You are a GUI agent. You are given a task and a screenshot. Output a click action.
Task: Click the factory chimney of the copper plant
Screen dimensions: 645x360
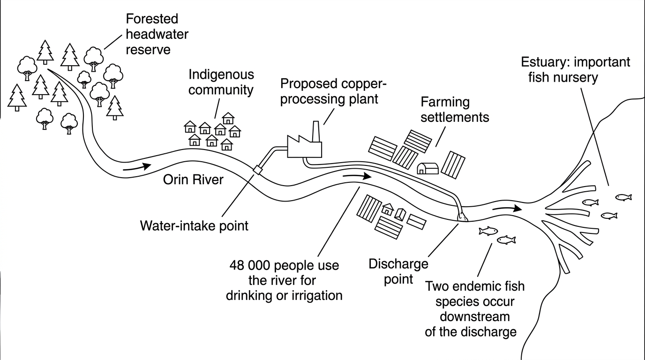315,131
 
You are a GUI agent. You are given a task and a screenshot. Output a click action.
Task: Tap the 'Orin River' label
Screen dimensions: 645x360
193,180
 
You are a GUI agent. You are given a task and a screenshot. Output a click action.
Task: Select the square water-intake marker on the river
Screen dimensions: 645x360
257,170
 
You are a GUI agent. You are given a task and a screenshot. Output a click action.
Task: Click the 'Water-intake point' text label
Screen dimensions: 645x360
194,226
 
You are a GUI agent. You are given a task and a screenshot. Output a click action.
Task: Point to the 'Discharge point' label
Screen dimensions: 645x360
398,271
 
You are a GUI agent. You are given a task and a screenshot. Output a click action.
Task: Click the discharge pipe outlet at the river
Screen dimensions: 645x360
463,217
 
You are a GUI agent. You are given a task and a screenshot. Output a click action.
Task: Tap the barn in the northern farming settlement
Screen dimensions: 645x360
427,168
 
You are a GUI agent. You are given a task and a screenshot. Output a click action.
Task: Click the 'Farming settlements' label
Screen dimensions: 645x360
455,110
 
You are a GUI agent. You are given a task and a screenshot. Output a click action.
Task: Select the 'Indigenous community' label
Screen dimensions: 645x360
221,82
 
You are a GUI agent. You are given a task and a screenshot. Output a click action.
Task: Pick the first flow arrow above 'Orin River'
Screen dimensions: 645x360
137,167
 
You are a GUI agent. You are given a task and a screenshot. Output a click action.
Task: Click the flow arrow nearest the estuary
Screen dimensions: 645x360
507,208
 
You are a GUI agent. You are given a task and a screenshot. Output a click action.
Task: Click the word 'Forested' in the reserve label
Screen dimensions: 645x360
152,19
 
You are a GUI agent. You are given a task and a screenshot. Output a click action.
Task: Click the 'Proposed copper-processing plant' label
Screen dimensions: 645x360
333,91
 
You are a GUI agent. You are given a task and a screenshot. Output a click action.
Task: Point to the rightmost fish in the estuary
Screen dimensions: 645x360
623,197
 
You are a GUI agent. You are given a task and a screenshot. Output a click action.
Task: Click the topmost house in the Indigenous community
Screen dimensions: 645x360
228,118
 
